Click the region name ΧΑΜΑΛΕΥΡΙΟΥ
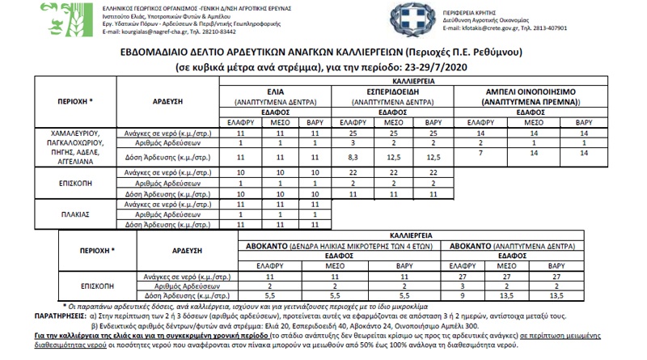pyautogui.click(x=75, y=131)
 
